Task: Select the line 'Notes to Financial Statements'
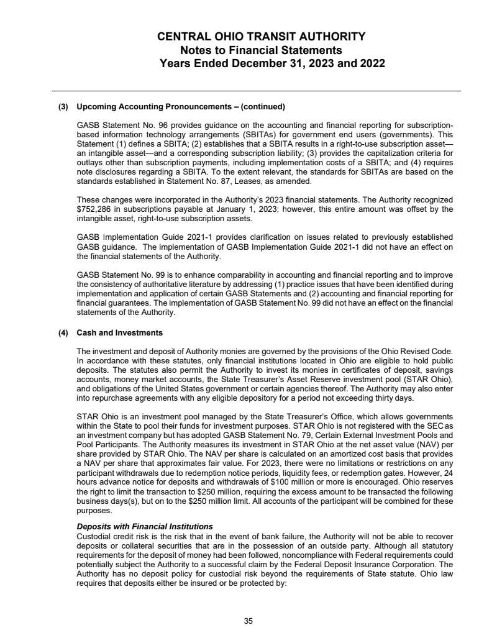261,50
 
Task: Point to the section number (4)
64,332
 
